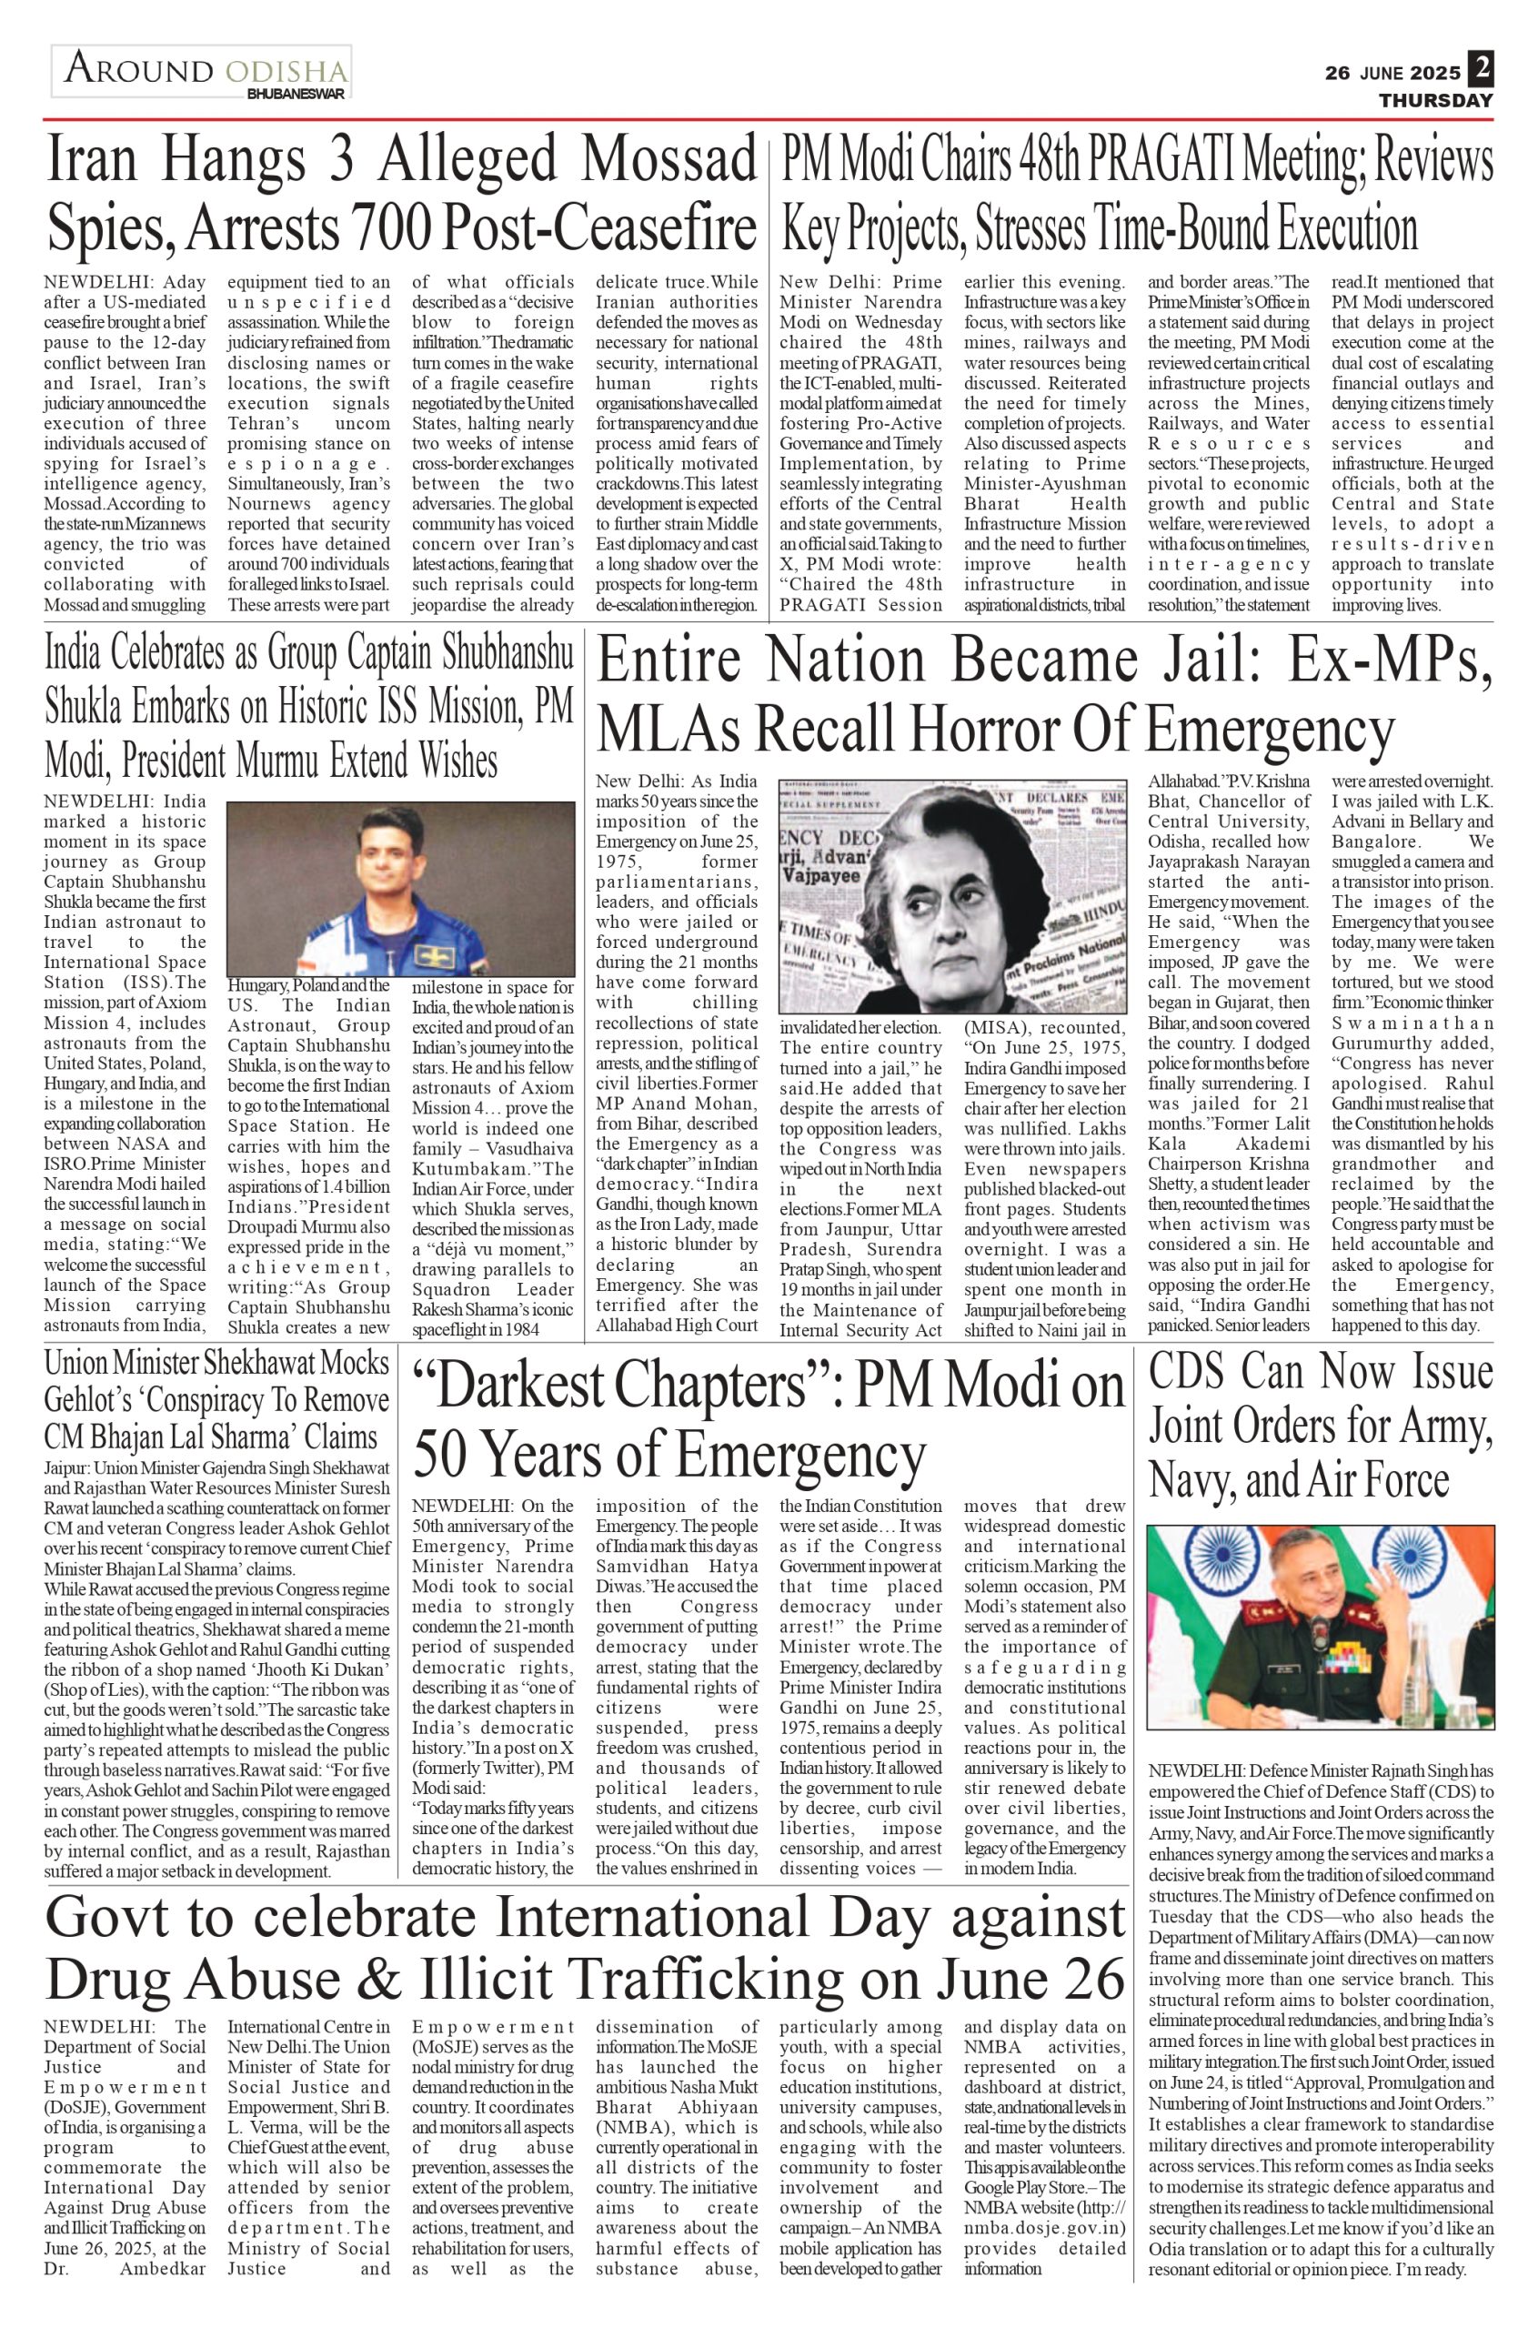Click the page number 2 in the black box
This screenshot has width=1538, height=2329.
[1480, 71]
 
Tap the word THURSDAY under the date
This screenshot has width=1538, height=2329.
[1435, 101]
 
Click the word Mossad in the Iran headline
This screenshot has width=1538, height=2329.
[668, 158]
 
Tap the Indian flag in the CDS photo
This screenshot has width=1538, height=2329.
[1187, 1588]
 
